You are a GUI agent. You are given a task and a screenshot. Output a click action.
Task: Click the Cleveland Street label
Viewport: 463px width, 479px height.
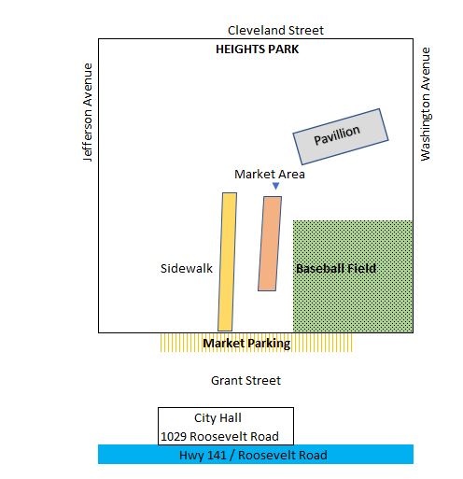(275, 31)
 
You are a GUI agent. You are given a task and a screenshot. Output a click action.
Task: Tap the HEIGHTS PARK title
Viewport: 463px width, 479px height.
(258, 49)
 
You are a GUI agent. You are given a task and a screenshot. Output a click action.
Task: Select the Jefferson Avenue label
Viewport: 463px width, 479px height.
(88, 112)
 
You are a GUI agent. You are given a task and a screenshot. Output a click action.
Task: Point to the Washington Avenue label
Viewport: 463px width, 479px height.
(426, 104)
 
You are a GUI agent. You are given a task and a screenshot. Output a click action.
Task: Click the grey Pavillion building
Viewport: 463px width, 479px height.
(341, 136)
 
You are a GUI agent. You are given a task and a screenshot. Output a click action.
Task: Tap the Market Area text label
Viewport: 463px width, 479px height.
(270, 175)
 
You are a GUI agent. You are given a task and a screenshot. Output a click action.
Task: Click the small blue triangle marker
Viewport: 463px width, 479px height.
(275, 186)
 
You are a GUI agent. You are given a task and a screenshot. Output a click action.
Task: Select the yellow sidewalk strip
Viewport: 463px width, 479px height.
(227, 261)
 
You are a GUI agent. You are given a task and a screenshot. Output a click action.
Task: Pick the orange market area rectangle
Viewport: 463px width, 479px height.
(270, 244)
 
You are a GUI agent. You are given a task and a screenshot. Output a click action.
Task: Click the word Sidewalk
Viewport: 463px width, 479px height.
(187, 268)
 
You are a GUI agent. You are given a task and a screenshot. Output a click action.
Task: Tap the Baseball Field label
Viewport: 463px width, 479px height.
(336, 268)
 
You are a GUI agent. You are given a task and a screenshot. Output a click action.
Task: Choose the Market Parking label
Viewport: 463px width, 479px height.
(246, 344)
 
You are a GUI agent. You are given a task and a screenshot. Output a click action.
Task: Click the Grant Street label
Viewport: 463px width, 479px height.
(246, 380)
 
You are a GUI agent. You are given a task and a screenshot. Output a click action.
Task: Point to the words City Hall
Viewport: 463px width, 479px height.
(217, 418)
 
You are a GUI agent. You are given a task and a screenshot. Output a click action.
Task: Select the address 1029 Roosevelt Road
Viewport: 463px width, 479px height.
(219, 436)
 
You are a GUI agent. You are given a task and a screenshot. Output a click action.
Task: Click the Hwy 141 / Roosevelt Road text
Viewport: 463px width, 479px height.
(253, 455)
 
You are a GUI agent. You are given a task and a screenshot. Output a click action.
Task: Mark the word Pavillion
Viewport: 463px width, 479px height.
(337, 135)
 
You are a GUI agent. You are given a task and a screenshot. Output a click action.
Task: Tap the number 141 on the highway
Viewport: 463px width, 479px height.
(217, 455)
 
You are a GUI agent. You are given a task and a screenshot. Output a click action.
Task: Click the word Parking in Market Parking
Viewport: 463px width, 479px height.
(269, 344)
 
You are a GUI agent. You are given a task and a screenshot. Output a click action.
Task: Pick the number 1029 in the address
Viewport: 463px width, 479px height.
(174, 436)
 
